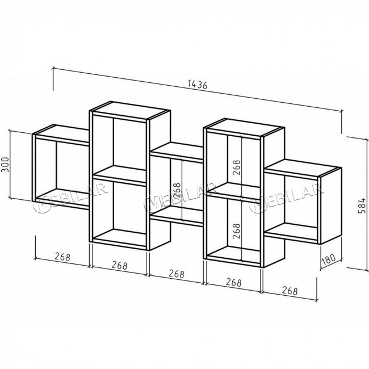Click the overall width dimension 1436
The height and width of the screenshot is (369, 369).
coord(198,84)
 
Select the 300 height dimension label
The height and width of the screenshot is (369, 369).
coord(5,164)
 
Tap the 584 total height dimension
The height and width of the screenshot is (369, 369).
coord(362,206)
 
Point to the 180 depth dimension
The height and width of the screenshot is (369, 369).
coord(328,259)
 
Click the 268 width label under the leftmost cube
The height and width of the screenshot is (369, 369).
coord(62,257)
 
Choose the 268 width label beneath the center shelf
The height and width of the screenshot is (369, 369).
coord(177,274)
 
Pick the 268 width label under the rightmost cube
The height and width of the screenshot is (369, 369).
coord(290,291)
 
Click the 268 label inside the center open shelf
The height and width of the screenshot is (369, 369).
coord(177,191)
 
